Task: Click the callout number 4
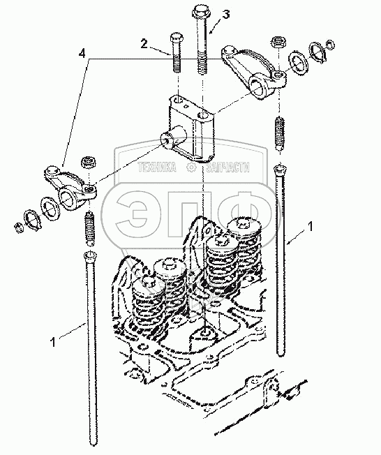click(82, 54)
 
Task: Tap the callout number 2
click(144, 43)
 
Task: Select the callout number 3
click(226, 14)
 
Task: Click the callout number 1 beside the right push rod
click(311, 226)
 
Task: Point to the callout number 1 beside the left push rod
click(52, 342)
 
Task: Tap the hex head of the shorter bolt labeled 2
click(176, 37)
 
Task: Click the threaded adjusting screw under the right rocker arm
click(280, 133)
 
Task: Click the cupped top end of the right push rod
click(280, 168)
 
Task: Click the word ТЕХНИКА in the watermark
click(157, 167)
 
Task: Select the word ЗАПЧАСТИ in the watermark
click(227, 167)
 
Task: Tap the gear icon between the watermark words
click(191, 167)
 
